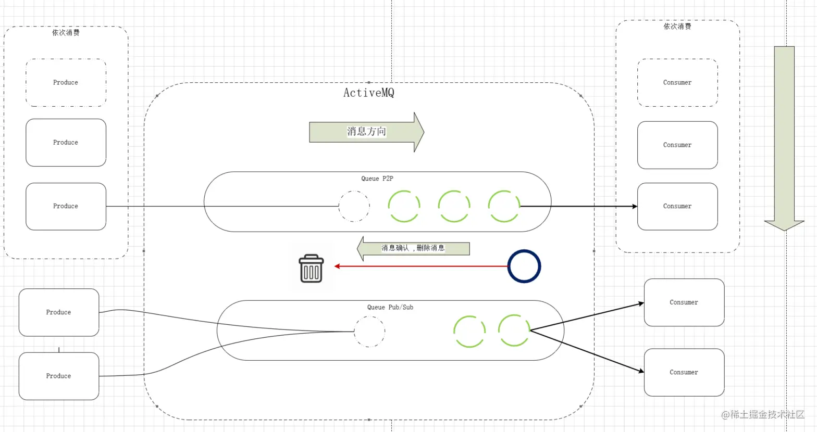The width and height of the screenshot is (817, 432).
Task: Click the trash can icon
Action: tap(311, 269)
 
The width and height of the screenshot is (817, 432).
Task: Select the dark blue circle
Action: tap(524, 250)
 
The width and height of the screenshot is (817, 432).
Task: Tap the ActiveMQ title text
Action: tap(369, 93)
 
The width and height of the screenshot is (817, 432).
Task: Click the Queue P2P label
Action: tap(377, 179)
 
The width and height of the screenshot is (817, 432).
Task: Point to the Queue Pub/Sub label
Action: tap(390, 307)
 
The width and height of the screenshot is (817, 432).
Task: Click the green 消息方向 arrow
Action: tap(367, 132)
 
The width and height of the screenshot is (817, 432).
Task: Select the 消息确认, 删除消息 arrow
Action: tap(413, 248)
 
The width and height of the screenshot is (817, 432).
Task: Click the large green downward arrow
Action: tap(784, 138)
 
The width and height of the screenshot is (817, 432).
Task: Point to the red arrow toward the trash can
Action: tap(421, 266)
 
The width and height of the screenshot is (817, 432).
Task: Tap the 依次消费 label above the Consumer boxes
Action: tap(677, 26)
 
